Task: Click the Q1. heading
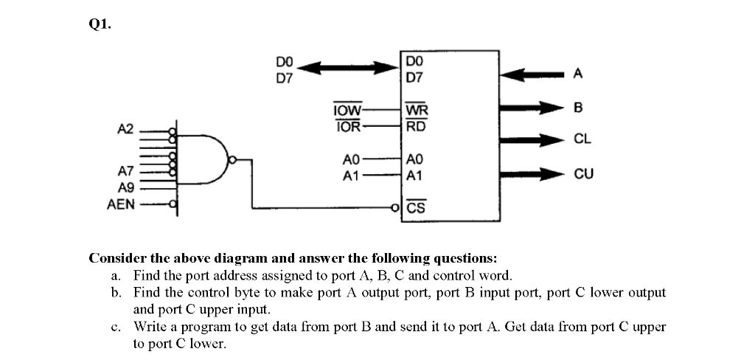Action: [x=101, y=24]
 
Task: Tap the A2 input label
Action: [x=125, y=129]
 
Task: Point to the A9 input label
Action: [x=125, y=187]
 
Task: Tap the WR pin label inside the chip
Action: [x=417, y=111]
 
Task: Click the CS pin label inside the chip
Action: [x=416, y=208]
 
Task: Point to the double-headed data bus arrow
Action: [x=347, y=68]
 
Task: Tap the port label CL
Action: [x=582, y=138]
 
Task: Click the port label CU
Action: [x=583, y=175]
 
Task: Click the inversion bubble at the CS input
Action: [x=395, y=208]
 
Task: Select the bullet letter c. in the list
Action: [x=116, y=326]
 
